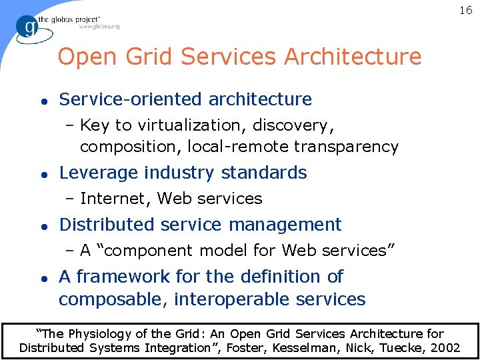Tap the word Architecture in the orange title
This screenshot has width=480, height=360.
353,57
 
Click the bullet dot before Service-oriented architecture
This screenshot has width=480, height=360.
42,100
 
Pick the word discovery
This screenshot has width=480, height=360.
296,125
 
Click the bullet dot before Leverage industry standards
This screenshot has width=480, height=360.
42,173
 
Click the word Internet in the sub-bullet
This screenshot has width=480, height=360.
115,198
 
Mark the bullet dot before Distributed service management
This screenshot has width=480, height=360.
42,225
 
